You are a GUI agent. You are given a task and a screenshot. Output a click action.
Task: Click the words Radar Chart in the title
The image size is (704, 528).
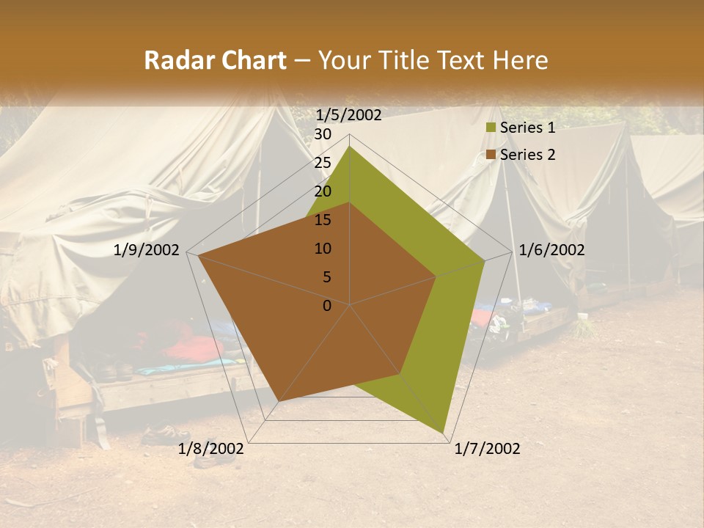pos(215,60)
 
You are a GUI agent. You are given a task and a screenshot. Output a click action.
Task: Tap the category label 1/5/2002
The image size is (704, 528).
pos(349,114)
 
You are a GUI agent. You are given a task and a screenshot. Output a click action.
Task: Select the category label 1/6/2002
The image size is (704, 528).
pos(551,250)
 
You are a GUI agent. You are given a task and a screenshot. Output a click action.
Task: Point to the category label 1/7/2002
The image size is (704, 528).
pos(487,449)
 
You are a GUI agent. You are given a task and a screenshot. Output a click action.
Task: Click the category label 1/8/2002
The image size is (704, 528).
pos(211,449)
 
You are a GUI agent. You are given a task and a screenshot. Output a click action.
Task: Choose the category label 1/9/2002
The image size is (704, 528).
pos(147,250)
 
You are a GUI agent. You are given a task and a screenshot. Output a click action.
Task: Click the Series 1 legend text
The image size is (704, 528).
pos(527,128)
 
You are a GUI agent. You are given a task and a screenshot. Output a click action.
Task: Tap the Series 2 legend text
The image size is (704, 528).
pos(527,155)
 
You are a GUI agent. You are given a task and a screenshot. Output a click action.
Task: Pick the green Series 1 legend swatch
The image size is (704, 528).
pos(491,128)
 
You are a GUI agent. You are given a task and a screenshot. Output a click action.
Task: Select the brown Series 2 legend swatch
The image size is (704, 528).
pos(491,155)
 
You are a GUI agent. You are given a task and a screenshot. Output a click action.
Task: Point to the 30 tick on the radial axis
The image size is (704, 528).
pos(323,134)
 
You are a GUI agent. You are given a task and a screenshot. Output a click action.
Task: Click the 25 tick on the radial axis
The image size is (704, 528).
pos(323,163)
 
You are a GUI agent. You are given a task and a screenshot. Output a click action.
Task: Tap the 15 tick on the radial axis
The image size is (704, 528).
pos(323,220)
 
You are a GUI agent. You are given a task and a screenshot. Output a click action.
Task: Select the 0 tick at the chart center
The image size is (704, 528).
pos(327,306)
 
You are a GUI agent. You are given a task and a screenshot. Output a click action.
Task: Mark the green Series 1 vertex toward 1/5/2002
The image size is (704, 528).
pos(350,146)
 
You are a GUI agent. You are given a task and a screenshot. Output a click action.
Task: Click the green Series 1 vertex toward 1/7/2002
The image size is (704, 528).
pos(443,433)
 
